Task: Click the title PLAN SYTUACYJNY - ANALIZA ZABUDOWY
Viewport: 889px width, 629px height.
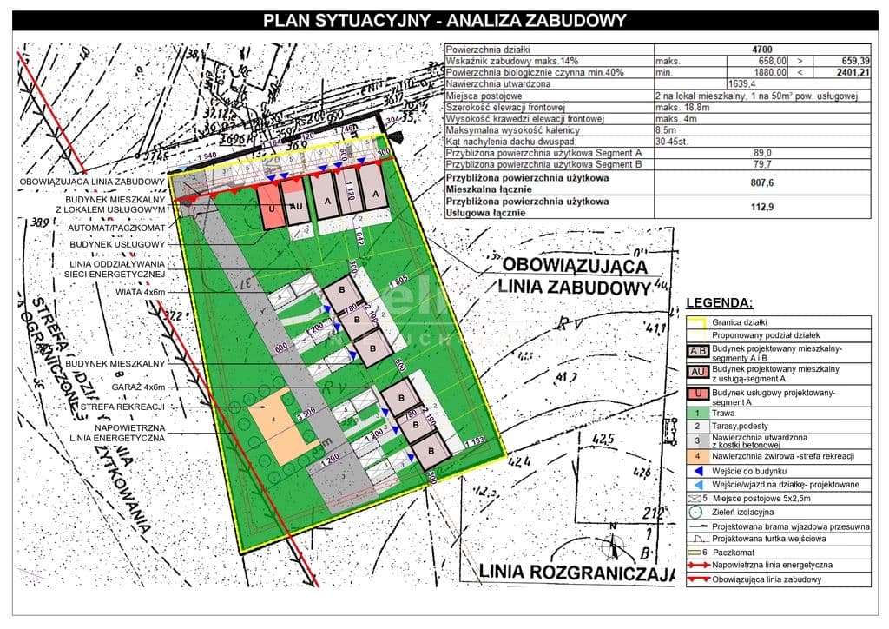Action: tap(444, 21)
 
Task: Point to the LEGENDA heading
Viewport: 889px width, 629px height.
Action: tap(720, 303)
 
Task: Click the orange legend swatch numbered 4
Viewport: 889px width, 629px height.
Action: tap(696, 456)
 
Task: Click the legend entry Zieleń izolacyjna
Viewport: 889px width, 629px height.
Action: tap(743, 513)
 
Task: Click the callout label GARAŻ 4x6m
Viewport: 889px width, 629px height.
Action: tap(137, 387)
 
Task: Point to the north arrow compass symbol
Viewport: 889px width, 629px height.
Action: tap(614, 546)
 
